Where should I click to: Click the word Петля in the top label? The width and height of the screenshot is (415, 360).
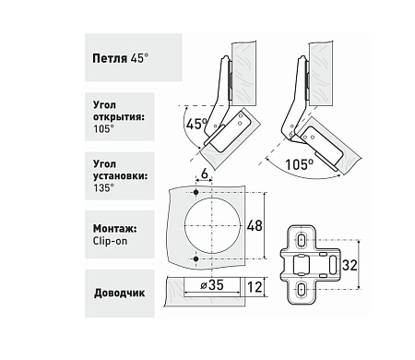tap(110, 58)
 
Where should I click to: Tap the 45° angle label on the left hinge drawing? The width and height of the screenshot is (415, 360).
tap(196, 124)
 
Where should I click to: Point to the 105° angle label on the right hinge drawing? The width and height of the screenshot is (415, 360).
tap(300, 164)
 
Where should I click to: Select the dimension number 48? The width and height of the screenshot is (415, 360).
tap(255, 226)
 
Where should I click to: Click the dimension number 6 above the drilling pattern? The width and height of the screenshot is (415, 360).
tap(204, 174)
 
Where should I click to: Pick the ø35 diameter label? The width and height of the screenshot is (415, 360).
tap(212, 285)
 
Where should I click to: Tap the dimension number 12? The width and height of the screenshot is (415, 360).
tap(255, 287)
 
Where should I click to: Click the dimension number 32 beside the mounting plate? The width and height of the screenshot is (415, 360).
tap(350, 265)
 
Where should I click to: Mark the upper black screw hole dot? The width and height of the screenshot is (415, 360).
tap(196, 193)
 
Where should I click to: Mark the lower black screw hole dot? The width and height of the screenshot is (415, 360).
tap(196, 259)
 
